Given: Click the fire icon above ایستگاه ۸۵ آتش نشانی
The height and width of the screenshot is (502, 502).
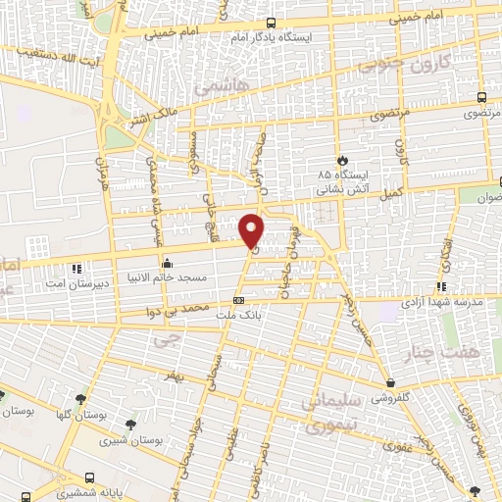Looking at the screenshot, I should (x=342, y=159).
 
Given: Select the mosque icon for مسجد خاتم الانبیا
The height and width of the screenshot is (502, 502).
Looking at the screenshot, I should (x=168, y=263).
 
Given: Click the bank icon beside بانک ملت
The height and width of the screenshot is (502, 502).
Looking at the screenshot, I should (x=238, y=302).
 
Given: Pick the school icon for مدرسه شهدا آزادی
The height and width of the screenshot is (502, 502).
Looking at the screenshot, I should (x=441, y=287).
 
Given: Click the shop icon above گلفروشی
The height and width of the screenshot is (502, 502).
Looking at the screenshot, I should (x=391, y=383).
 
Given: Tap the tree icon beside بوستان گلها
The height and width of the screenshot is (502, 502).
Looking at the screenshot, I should (x=2, y=397).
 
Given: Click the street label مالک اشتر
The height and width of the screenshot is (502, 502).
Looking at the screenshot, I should (x=155, y=118).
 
